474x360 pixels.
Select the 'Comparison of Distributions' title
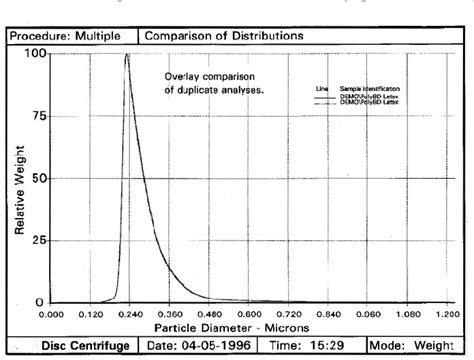[225, 36]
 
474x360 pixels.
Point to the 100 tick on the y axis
[38, 54]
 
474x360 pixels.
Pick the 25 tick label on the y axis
[38, 240]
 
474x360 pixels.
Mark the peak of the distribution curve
[127, 55]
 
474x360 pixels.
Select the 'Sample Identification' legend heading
[363, 89]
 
